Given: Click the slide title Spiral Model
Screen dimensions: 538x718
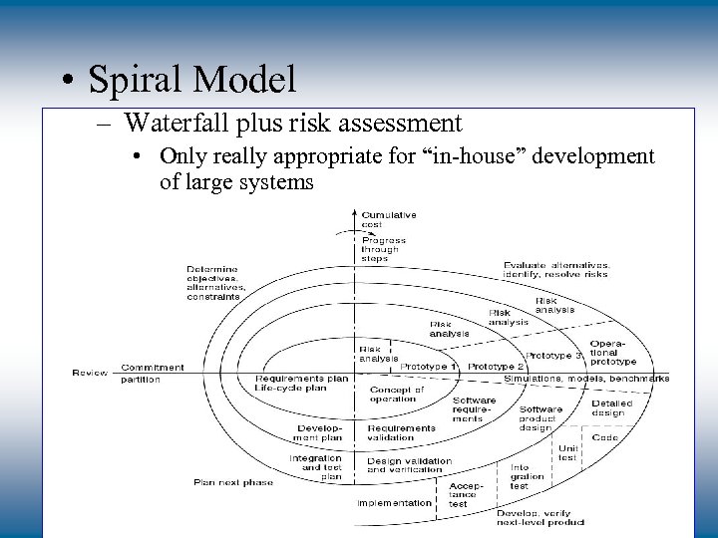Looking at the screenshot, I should (192, 79).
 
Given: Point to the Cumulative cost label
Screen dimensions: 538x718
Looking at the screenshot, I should (388, 220).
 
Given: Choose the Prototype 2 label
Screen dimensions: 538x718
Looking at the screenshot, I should (496, 367).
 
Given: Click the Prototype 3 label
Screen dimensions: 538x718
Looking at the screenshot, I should (553, 356).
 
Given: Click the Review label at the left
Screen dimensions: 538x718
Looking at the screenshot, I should (90, 374).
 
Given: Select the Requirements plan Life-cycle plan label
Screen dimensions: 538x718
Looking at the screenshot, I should (301, 384).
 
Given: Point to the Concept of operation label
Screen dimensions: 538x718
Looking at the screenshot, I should (396, 394).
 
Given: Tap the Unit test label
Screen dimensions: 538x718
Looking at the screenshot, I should (567, 453).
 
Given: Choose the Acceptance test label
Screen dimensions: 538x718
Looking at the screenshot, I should (463, 495).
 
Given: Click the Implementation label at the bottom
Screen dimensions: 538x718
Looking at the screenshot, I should (395, 503).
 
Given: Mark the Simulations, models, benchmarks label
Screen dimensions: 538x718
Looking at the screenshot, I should (586, 380).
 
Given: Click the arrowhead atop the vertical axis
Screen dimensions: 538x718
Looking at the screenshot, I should (356, 211).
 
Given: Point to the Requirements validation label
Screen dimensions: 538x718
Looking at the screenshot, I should (401, 433).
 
